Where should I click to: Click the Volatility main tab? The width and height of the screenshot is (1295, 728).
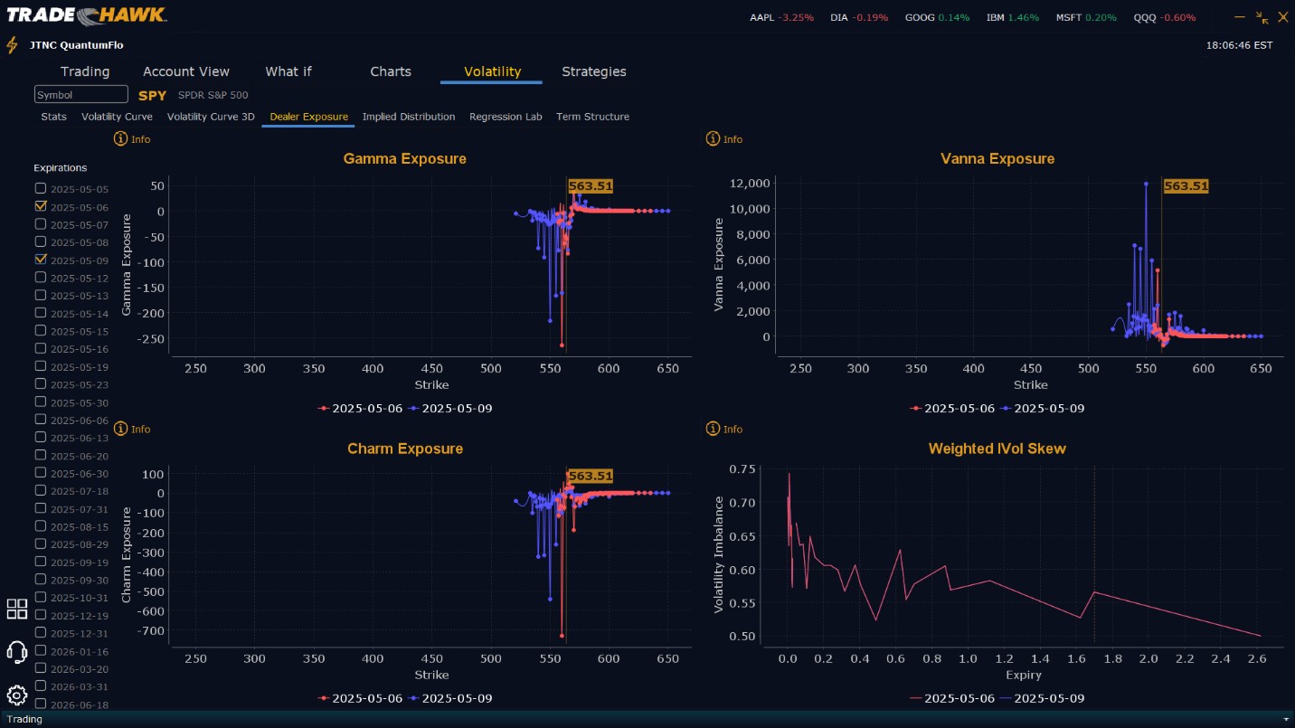click(x=492, y=71)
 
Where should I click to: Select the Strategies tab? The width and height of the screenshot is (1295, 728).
click(x=593, y=71)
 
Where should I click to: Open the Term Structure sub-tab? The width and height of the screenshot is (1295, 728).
click(x=592, y=117)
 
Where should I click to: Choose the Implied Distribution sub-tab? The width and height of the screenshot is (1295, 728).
click(x=409, y=117)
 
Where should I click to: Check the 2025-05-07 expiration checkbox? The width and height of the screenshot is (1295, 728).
click(x=41, y=223)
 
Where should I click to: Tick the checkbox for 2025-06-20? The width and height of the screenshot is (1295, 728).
click(x=41, y=455)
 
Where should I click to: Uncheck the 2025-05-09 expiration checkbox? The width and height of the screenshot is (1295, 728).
click(x=41, y=259)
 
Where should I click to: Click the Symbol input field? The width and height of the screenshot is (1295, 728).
click(x=81, y=95)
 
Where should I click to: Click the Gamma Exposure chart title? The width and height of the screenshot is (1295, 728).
click(x=404, y=159)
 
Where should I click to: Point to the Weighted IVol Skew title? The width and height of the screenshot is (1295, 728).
click(x=997, y=449)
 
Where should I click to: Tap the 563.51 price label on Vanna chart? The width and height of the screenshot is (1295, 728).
click(x=1186, y=186)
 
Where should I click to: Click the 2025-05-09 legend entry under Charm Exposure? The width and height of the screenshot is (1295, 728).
click(x=450, y=698)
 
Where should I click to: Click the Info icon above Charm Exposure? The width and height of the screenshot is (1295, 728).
click(x=121, y=429)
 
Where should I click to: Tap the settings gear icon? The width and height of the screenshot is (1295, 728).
click(x=16, y=695)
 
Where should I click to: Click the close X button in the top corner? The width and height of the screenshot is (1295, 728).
click(x=1282, y=17)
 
